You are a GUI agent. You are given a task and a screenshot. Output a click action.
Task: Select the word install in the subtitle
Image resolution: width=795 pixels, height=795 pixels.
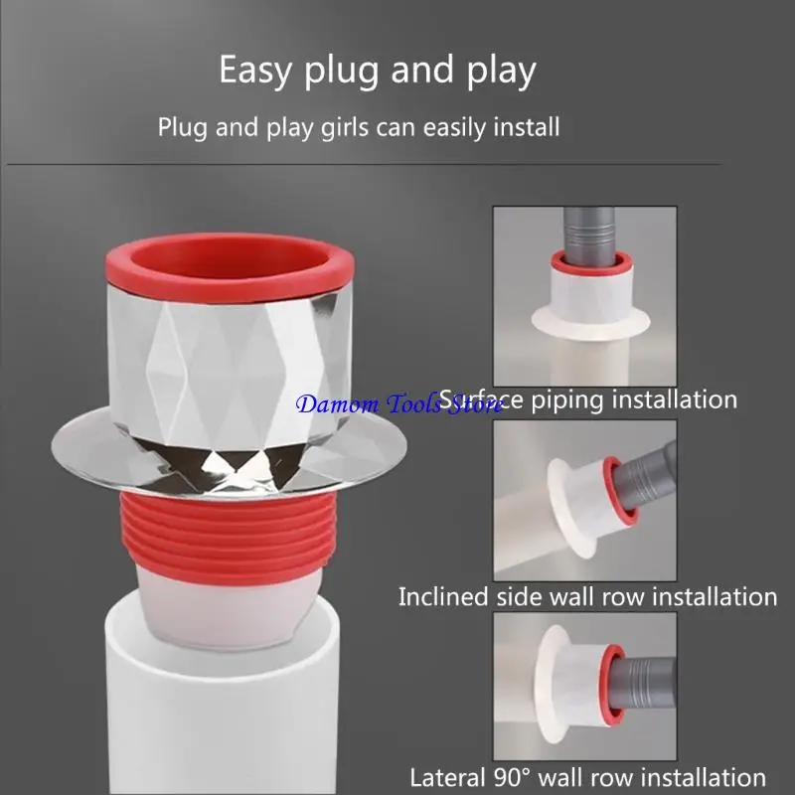524,127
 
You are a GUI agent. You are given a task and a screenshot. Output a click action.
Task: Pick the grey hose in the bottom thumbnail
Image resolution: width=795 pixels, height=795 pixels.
646,676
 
